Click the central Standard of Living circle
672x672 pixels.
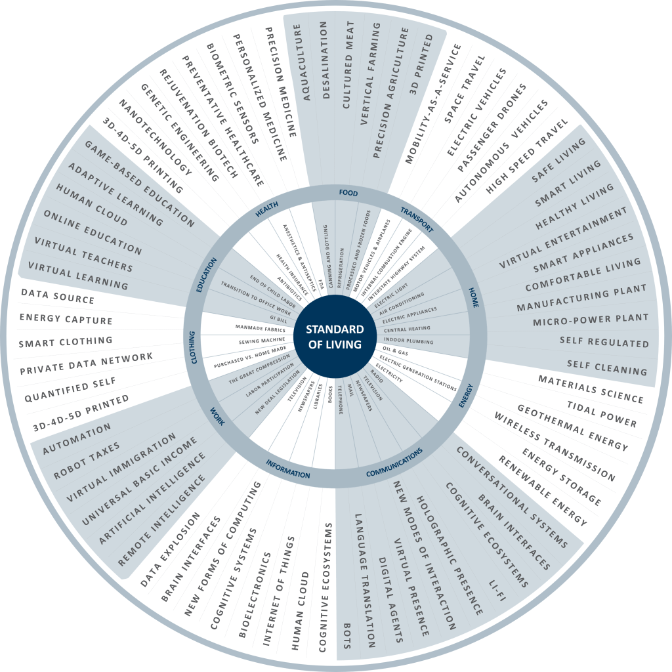[335, 337]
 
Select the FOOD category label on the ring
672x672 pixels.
[348, 193]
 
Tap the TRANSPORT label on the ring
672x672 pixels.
[417, 219]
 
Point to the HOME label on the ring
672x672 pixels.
[473, 297]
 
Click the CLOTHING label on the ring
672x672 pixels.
[193, 348]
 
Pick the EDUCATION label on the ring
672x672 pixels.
[206, 275]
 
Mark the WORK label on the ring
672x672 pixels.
[217, 417]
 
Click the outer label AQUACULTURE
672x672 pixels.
[302, 62]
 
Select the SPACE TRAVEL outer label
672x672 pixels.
[465, 89]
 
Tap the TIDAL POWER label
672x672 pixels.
[602, 414]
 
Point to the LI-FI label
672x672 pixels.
[497, 591]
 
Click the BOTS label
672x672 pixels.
[347, 636]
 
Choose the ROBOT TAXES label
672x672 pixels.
[87, 461]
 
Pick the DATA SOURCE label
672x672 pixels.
[58, 296]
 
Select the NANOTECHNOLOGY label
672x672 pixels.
[155, 137]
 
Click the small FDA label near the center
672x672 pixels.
[321, 285]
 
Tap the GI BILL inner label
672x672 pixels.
[278, 319]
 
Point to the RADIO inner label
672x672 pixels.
[377, 376]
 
